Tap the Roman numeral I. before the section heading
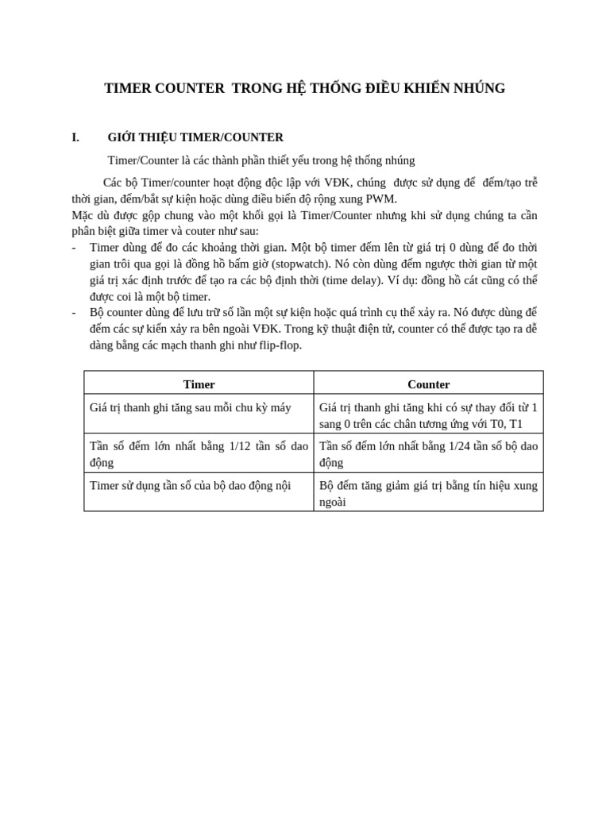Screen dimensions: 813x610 (x=75, y=137)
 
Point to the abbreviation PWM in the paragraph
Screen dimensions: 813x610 (x=381, y=198)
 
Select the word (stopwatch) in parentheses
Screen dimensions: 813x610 (x=303, y=264)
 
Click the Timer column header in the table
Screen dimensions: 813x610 (x=199, y=384)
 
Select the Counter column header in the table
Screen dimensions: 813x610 (x=428, y=384)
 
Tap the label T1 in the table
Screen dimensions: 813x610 (x=515, y=424)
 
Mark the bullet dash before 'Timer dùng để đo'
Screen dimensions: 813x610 (x=74, y=248)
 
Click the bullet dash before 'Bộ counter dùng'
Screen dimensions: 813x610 (x=74, y=312)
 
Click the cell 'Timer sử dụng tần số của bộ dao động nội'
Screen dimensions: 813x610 (x=190, y=485)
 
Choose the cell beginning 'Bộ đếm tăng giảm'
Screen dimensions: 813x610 (x=428, y=493)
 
